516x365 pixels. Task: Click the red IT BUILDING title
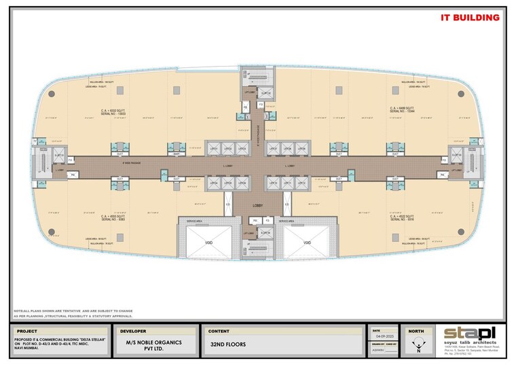pyautogui.click(x=470, y=17)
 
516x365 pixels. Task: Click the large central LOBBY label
pyautogui.click(x=258, y=205)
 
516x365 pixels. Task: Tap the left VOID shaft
pyautogui.click(x=209, y=242)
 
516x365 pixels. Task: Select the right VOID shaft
pyautogui.click(x=307, y=242)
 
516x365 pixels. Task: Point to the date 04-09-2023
pyautogui.click(x=384, y=336)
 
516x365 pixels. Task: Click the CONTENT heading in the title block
pyautogui.click(x=218, y=331)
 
